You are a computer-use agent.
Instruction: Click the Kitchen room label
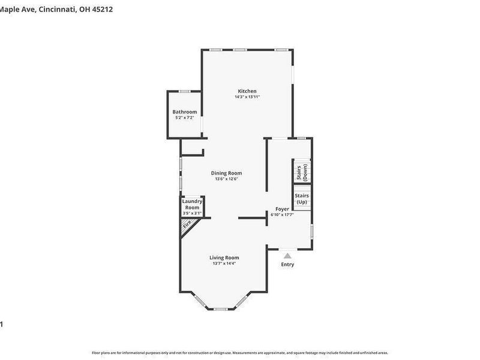click(x=247, y=91)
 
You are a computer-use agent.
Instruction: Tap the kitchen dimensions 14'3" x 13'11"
click(x=247, y=97)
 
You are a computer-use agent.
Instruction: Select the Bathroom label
click(x=184, y=112)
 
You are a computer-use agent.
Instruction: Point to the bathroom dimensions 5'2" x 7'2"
click(x=184, y=118)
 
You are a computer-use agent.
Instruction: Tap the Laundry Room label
click(x=193, y=205)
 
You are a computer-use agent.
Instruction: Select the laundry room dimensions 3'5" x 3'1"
click(x=193, y=213)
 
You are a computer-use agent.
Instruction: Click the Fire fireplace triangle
click(x=187, y=226)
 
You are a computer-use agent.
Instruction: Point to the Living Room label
click(x=224, y=257)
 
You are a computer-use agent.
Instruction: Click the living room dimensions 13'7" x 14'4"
click(x=224, y=263)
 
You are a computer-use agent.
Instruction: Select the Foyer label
click(x=282, y=209)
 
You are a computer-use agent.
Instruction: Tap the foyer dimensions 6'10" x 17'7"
click(x=282, y=214)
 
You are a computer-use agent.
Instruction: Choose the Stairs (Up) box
click(x=302, y=199)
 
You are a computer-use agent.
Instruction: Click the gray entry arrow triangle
click(x=287, y=256)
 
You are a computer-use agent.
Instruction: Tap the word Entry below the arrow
click(x=287, y=265)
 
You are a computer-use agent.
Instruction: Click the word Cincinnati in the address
click(x=58, y=9)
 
